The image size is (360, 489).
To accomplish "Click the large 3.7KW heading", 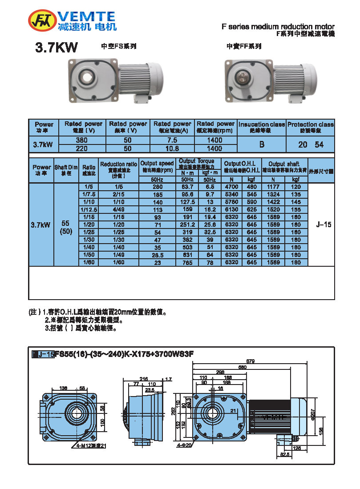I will tap(57, 48).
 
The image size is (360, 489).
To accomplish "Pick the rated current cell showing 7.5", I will tap(172, 140).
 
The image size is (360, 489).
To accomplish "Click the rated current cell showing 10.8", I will tap(172, 148).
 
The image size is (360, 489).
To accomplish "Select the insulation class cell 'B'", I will tap(262, 144).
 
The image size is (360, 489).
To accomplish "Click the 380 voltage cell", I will tap(82, 140).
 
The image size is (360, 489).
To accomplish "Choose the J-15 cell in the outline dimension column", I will tap(324, 225).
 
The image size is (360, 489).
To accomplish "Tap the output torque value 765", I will tap(188, 263).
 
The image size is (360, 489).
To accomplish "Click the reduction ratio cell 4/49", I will tap(119, 209).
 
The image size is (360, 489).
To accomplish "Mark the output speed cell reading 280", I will tap(157, 187).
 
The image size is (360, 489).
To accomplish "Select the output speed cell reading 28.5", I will tap(157, 255).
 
